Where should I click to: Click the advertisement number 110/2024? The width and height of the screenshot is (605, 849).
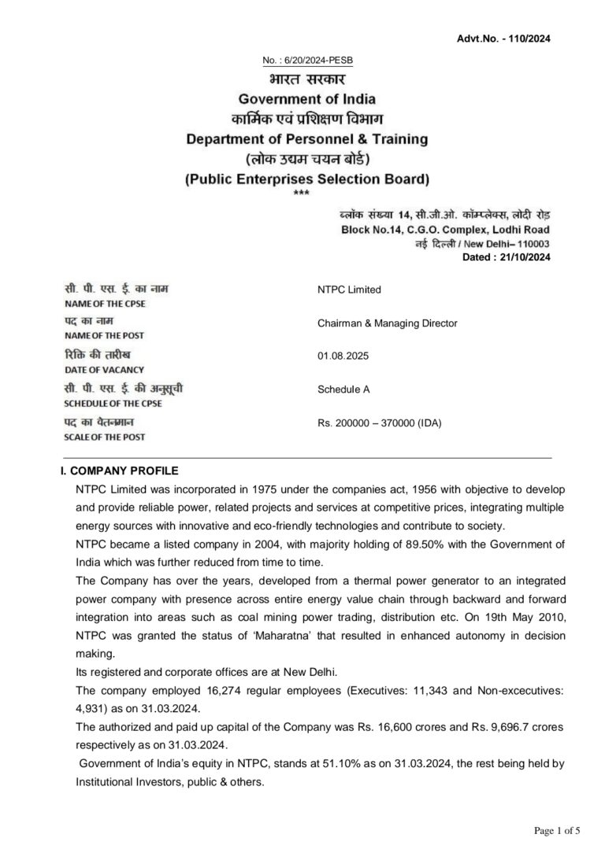click(x=530, y=39)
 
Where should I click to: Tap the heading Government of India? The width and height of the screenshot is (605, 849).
click(x=306, y=99)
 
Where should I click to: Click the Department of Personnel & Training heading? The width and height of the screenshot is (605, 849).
click(x=306, y=139)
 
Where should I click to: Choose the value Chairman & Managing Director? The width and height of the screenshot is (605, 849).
click(x=387, y=323)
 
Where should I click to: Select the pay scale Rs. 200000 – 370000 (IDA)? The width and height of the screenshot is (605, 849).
click(x=380, y=423)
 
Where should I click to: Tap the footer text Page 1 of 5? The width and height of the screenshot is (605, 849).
click(x=557, y=830)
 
